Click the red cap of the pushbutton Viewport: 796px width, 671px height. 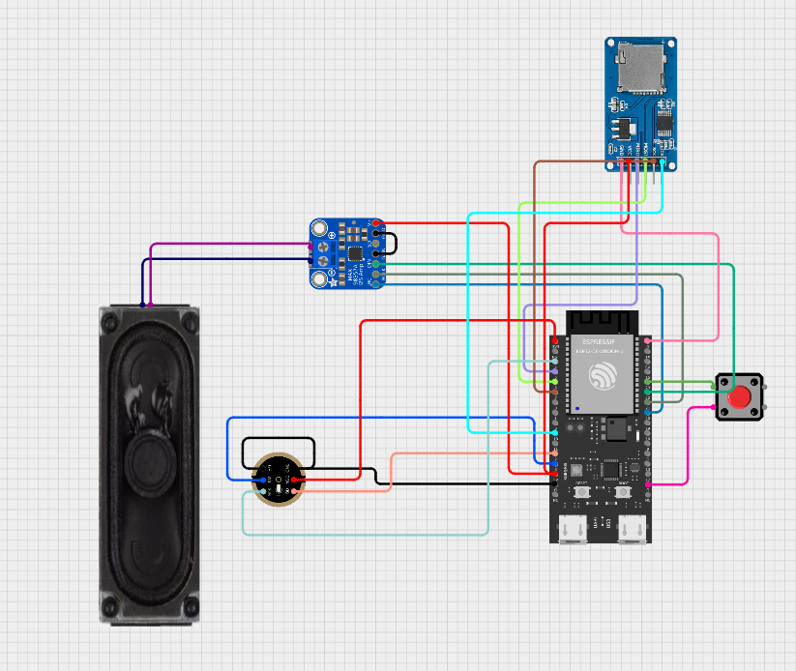pos(740,397)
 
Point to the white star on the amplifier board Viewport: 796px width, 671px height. pos(334,281)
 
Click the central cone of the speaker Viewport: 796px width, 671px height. pos(149,454)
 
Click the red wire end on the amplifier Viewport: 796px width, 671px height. pos(375,224)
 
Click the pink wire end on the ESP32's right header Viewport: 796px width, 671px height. pos(645,341)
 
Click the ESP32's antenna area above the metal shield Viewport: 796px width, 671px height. pos(600,321)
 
